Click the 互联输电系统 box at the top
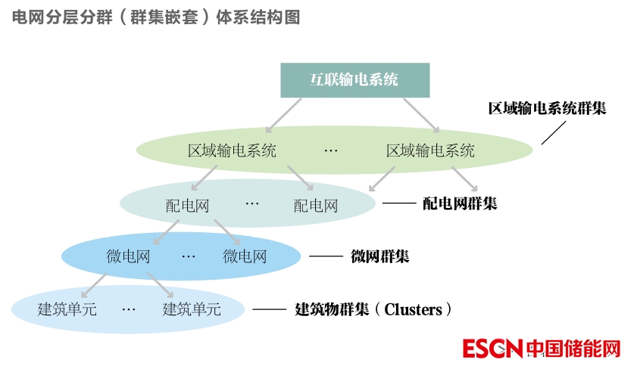click(x=354, y=80)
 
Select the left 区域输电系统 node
click(x=232, y=150)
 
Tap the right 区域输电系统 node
click(x=430, y=150)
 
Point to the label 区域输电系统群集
click(x=547, y=108)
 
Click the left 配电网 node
click(x=187, y=205)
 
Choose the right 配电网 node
click(x=315, y=205)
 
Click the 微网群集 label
click(x=380, y=256)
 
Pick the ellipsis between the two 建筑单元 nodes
click(x=128, y=309)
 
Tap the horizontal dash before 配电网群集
click(x=399, y=203)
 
